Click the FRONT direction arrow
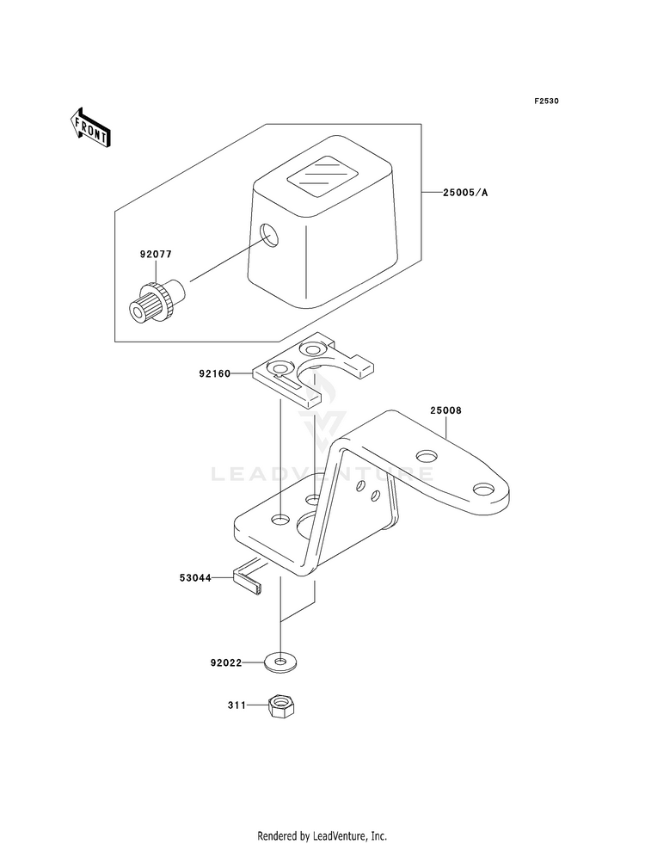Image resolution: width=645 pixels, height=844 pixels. click(89, 127)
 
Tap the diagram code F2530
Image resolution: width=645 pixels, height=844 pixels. click(546, 101)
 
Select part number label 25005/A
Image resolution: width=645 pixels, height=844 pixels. click(465, 192)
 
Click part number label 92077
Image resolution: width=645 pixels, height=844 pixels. click(156, 254)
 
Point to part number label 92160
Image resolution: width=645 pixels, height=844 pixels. click(215, 373)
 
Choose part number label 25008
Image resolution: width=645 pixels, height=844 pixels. click(445, 410)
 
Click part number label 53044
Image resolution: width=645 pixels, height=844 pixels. click(195, 578)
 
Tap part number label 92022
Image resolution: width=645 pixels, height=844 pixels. click(226, 663)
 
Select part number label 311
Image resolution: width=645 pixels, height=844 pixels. click(236, 705)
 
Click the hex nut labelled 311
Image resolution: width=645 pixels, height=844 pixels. click(281, 705)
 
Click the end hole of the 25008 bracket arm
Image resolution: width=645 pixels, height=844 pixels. click(483, 490)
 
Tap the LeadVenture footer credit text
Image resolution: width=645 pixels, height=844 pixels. click(322, 835)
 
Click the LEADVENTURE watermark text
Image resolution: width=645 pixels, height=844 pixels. click(322, 474)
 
